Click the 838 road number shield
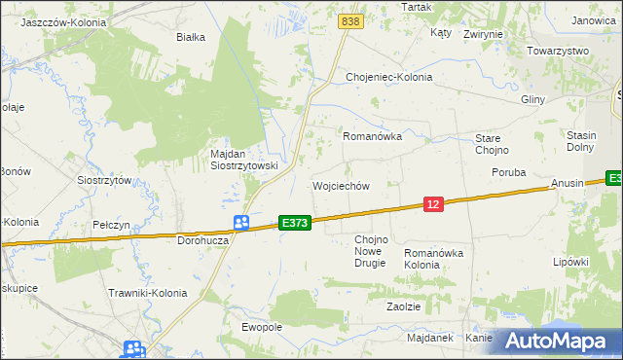point(351,20)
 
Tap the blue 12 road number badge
point(434,203)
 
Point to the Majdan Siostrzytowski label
point(244,160)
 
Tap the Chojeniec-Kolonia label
point(389,77)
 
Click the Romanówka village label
point(372,137)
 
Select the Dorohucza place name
point(202,239)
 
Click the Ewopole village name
point(261,327)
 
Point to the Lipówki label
point(571,262)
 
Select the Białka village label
point(190,38)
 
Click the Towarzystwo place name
point(559,51)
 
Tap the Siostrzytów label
point(104,180)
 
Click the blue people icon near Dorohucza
point(241,223)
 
